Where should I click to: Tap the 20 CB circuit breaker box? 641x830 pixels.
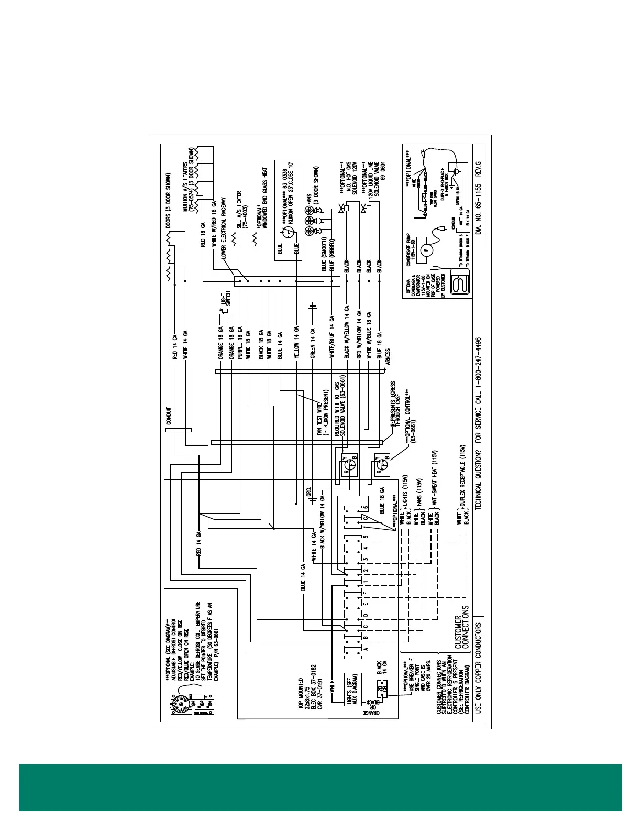coord(381,691)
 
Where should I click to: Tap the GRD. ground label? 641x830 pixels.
coord(308,491)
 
